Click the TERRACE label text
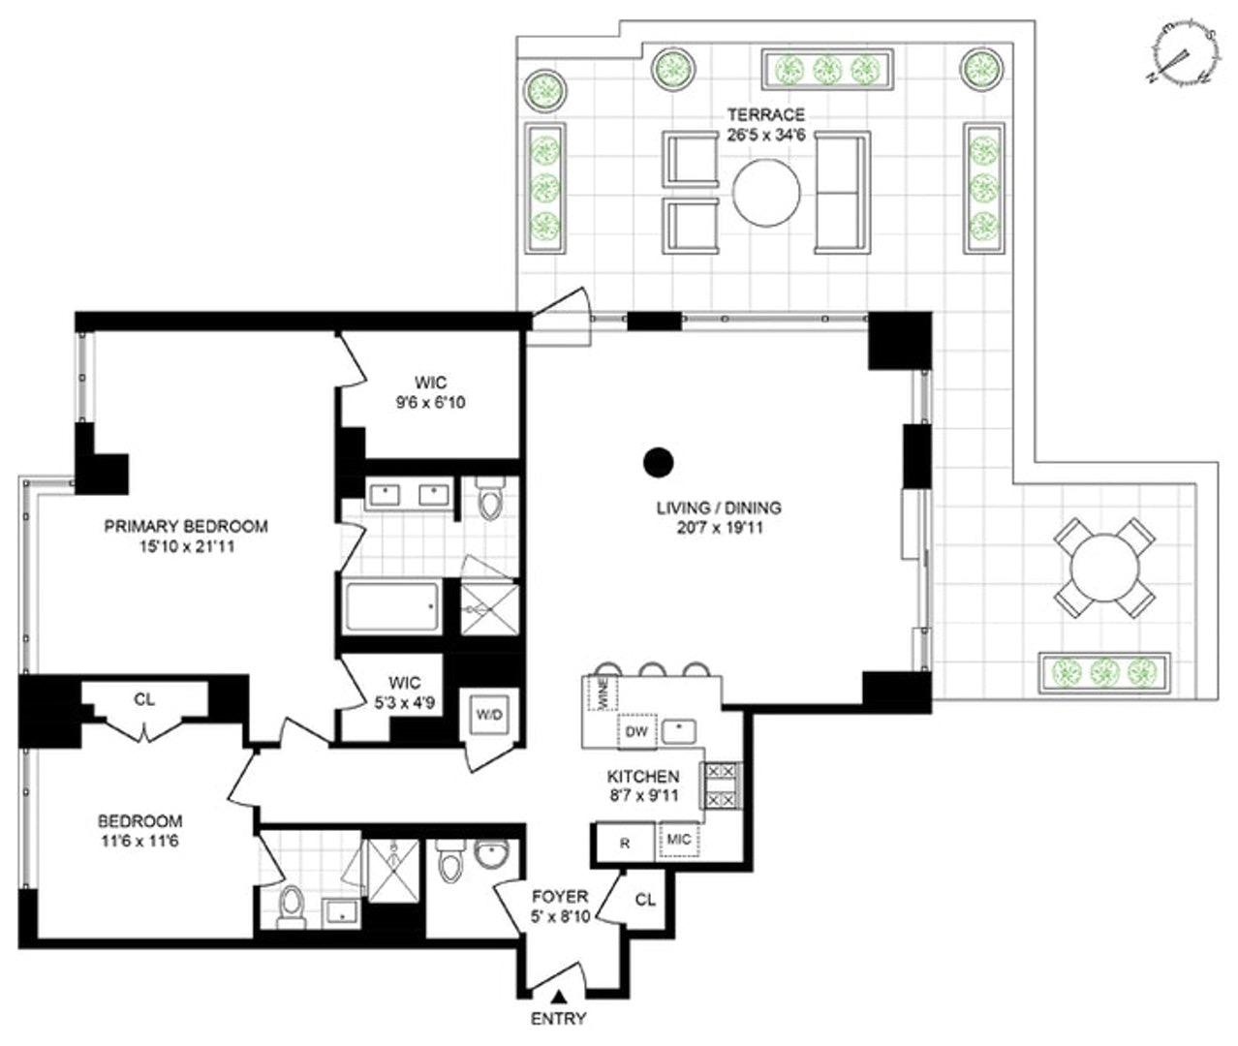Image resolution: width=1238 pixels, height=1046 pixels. click(x=765, y=115)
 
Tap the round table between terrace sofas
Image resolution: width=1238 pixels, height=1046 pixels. click(x=766, y=191)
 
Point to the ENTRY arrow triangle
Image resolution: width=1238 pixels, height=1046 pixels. click(x=559, y=996)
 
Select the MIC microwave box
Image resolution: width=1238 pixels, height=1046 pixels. click(x=679, y=840)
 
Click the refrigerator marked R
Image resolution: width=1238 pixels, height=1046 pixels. click(x=625, y=843)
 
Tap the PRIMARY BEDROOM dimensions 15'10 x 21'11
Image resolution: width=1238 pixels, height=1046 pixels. click(x=186, y=546)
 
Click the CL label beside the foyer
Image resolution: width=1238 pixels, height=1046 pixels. click(x=645, y=900)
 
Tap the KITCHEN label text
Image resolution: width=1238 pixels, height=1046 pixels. click(x=642, y=777)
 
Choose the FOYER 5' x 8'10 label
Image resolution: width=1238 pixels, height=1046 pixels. click(x=558, y=907)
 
